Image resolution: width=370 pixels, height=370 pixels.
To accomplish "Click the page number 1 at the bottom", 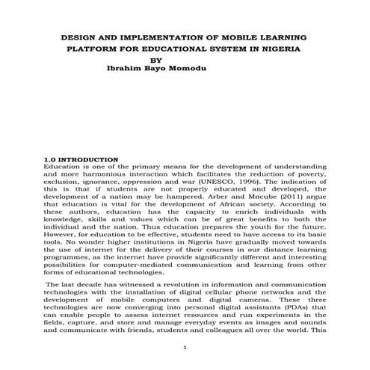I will tap(185, 348).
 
